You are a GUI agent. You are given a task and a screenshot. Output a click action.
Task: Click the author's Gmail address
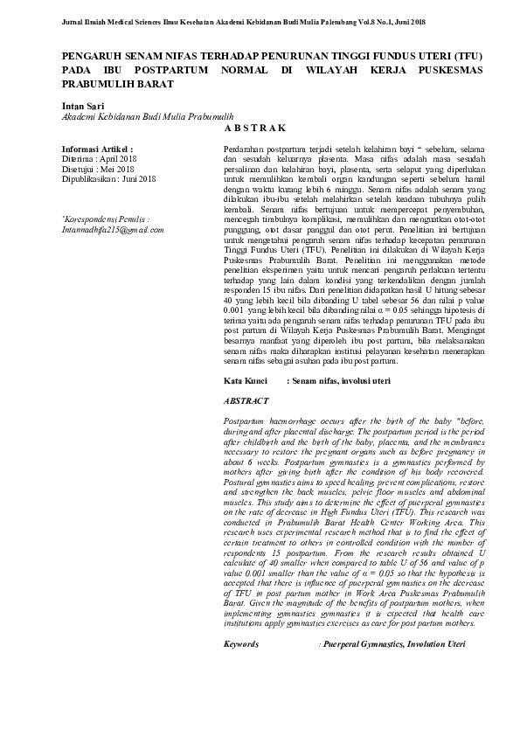click(x=113, y=229)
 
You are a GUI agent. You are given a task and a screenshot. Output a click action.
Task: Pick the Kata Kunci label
click(x=246, y=382)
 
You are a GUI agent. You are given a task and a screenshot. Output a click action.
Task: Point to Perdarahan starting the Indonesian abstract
click(x=246, y=150)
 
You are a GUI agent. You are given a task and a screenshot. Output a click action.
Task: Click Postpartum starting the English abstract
click(x=246, y=421)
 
